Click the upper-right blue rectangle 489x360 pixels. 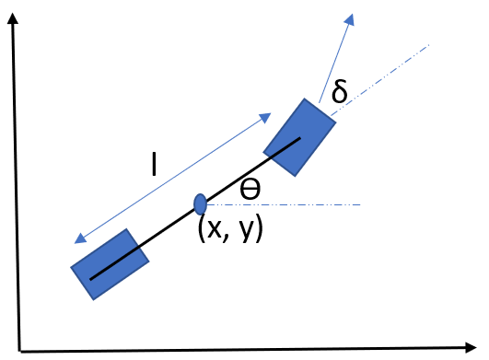[x=300, y=137]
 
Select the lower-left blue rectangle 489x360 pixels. [x=110, y=264]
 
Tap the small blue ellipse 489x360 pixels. [x=200, y=204]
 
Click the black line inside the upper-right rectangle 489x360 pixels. [x=285, y=146]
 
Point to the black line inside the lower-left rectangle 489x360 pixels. [x=114, y=263]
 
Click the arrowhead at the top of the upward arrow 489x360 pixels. [x=350, y=17]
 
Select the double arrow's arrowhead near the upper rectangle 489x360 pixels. [x=266, y=116]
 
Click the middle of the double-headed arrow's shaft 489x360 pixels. [x=173, y=178]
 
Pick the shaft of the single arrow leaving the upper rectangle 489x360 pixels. [x=335, y=57]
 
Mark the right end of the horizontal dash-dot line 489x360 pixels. [x=360, y=204]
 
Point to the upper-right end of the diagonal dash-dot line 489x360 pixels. [x=429, y=44]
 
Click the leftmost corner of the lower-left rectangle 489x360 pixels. [x=71, y=268]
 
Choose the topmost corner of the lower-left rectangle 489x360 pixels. [x=128, y=228]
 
